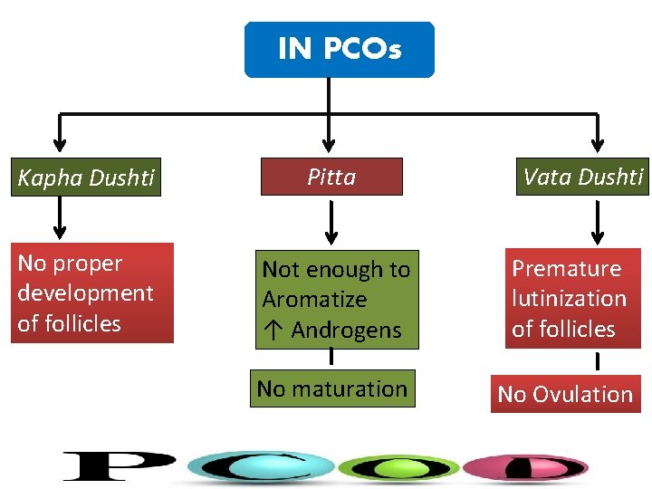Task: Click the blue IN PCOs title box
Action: click(339, 49)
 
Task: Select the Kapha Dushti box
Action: click(88, 177)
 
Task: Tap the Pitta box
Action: click(331, 177)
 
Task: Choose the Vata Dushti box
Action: click(582, 176)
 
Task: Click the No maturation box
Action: click(332, 388)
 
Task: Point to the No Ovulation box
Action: click(565, 394)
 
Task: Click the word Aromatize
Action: click(314, 300)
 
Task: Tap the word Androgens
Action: click(346, 330)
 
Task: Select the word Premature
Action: click(567, 269)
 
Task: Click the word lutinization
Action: click(569, 299)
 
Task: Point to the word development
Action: click(85, 293)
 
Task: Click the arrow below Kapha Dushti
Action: click(60, 217)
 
